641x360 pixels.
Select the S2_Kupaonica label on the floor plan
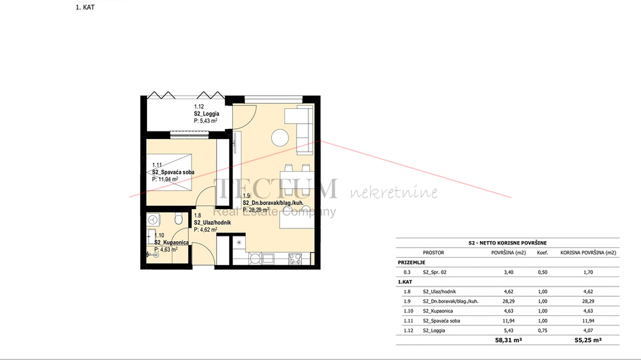point(172,242)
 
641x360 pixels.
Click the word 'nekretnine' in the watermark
point(395,194)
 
